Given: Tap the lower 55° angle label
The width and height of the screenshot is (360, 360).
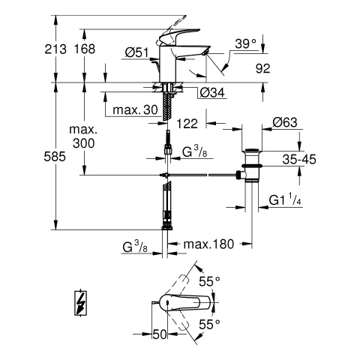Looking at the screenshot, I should (211, 324).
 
